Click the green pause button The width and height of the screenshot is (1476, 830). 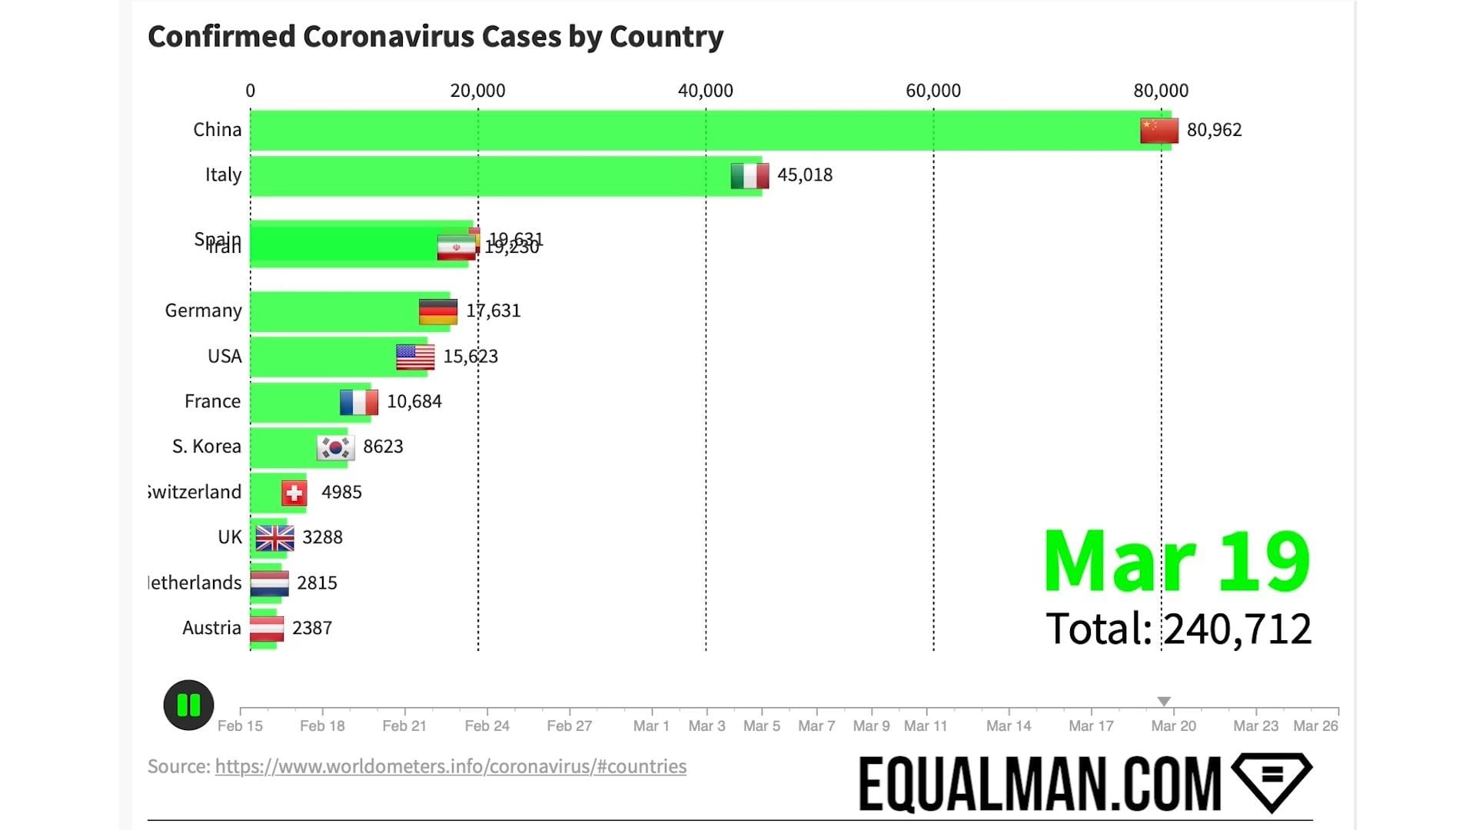pos(188,705)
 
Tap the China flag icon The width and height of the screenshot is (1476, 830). pos(1159,131)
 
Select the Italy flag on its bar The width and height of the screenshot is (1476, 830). pos(750,176)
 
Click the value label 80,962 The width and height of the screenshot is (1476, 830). pos(1214,130)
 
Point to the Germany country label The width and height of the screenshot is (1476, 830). pos(203,310)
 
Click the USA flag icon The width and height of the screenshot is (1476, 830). pos(415,357)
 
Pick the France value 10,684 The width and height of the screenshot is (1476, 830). pos(414,401)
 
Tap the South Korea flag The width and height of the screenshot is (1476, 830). pos(335,447)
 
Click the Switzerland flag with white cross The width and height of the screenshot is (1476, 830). pos(294,493)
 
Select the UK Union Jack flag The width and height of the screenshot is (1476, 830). pos(274,538)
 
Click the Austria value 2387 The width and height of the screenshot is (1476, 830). pos(312,628)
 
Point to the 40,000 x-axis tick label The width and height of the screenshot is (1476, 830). pos(705,91)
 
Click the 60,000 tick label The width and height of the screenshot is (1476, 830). pos(932,91)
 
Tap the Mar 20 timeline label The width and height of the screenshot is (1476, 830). pos(1173,725)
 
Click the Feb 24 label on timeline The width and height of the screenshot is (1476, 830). pos(487,725)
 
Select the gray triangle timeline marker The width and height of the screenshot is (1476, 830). pos(1164,701)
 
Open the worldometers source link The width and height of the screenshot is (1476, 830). pos(450,766)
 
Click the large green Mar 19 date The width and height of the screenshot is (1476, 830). pos(1176,562)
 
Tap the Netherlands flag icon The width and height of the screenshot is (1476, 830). pos(270,583)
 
